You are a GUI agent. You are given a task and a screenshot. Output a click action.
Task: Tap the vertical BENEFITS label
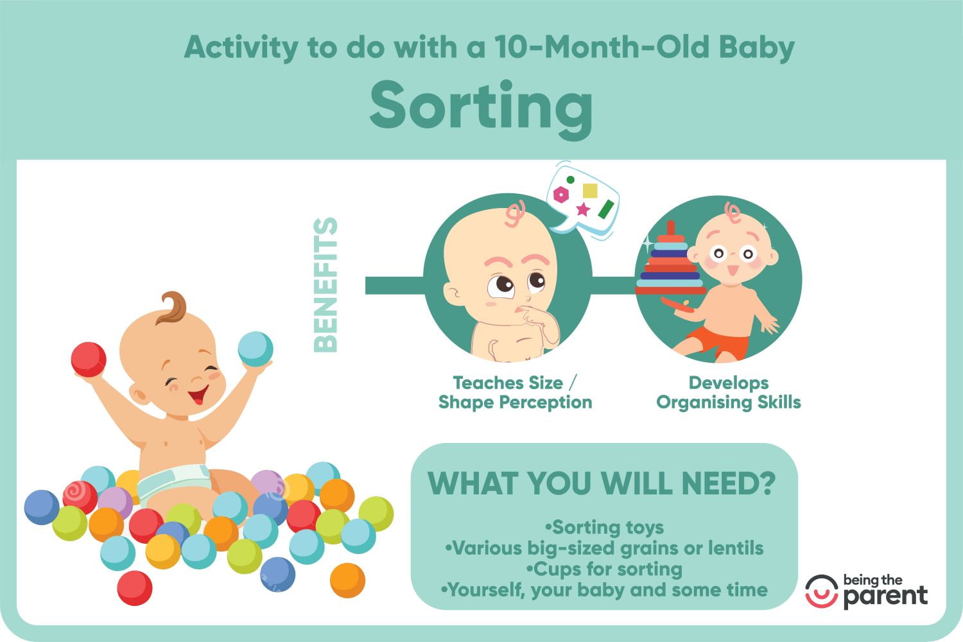[325, 285]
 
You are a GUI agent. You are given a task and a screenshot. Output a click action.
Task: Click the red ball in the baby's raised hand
[89, 360]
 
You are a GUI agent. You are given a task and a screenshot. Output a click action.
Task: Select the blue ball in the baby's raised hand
[256, 349]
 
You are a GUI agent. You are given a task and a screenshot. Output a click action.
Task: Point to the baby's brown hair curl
[173, 308]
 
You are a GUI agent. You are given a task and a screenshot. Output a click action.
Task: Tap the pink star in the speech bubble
[583, 209]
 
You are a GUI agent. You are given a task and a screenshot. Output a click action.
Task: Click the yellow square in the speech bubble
[590, 191]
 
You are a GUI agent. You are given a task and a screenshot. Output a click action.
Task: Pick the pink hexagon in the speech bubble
[561, 195]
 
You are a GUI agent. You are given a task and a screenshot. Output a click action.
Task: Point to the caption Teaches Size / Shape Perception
[515, 393]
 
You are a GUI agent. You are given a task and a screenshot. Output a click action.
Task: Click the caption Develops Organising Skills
[728, 393]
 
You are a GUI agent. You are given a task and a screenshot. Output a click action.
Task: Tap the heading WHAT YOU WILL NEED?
[602, 483]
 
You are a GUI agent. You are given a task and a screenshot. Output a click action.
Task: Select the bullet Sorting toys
[604, 527]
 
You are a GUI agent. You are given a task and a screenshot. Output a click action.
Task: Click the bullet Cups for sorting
[604, 569]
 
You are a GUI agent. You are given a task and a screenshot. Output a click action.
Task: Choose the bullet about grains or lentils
[604, 548]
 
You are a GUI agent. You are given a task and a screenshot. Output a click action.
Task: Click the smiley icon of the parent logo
[822, 591]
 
